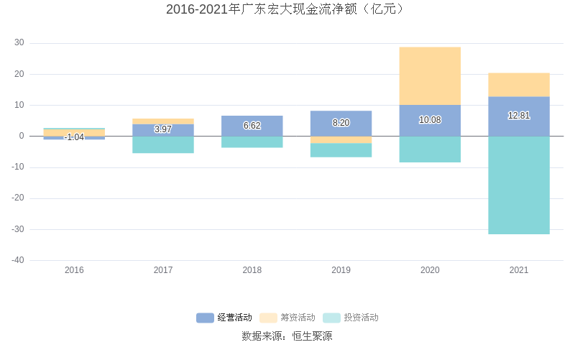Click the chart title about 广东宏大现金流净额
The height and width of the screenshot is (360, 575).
click(287, 9)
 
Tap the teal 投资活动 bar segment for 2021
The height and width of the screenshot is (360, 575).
click(519, 185)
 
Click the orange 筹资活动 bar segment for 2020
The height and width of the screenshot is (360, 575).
click(430, 75)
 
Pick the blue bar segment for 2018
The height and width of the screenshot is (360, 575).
click(252, 126)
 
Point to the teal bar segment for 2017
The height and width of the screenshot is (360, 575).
click(163, 144)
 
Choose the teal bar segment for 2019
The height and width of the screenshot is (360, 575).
click(341, 150)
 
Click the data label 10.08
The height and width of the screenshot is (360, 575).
click(430, 120)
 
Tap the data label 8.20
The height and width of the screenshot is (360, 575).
click(341, 123)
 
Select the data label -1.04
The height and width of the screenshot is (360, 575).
click(74, 137)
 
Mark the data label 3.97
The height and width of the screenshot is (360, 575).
click(163, 129)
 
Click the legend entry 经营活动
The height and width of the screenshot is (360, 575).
click(224, 318)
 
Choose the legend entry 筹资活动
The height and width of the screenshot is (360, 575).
click(287, 318)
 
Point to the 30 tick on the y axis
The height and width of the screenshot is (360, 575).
click(19, 43)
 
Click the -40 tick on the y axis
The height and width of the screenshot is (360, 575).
click(18, 260)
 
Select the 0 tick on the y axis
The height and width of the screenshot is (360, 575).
click(22, 136)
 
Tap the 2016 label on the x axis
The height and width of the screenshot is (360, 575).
click(74, 270)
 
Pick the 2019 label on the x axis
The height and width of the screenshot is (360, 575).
click(341, 270)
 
